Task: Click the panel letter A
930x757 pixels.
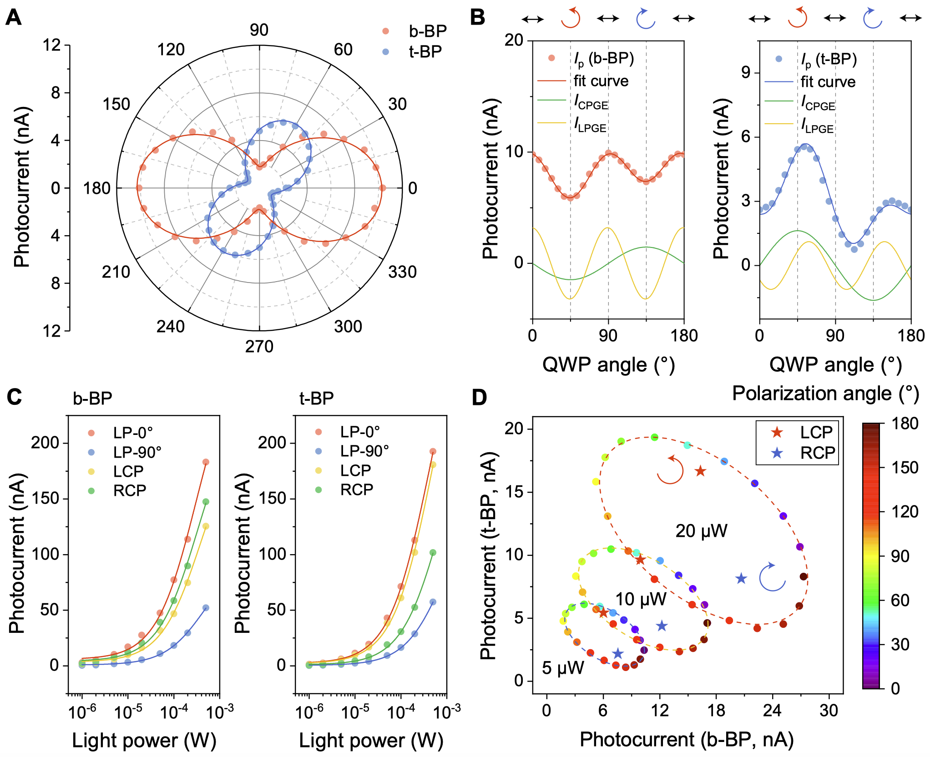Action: (14, 18)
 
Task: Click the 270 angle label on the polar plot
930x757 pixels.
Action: (259, 347)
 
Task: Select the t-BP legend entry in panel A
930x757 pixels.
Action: (425, 52)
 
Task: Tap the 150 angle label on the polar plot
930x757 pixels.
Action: (116, 104)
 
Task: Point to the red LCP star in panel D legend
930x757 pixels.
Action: (777, 432)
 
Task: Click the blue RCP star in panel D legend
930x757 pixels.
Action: (777, 453)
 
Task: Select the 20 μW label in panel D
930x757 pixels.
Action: (701, 531)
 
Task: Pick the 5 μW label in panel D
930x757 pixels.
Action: (563, 668)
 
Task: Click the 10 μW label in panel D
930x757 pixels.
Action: (641, 600)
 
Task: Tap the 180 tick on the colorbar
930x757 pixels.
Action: (905, 424)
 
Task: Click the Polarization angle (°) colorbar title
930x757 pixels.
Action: (825, 394)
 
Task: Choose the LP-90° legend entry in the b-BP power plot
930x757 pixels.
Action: (137, 452)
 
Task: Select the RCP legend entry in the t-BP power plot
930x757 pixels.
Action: (357, 490)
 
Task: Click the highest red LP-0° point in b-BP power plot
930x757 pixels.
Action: (206, 462)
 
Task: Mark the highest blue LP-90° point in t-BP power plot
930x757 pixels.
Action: (433, 602)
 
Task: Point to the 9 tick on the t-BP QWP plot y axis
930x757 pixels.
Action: (746, 73)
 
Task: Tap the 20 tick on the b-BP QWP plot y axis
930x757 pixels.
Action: (514, 40)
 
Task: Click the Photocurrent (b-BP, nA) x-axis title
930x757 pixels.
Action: (687, 740)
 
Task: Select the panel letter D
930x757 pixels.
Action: (480, 397)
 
